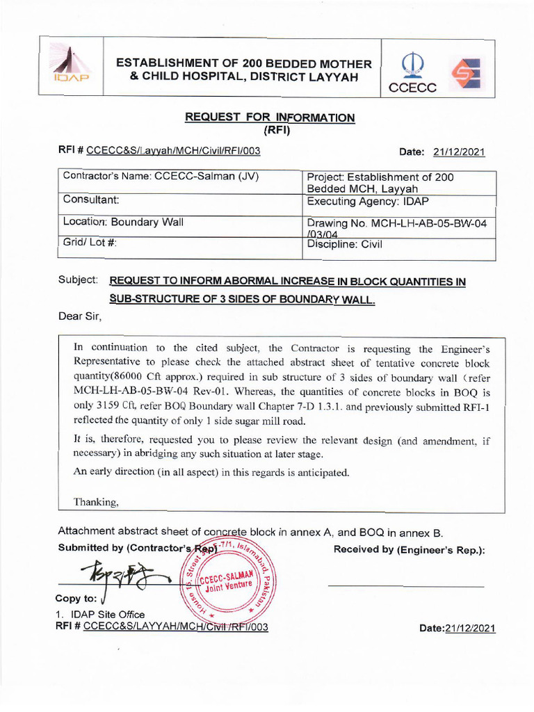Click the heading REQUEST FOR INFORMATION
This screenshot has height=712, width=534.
click(270, 118)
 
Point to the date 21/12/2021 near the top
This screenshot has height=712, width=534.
click(458, 152)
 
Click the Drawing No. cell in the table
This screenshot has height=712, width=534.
click(400, 226)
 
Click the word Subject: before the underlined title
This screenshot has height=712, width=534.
click(77, 280)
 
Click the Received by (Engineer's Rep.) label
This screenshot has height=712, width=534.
click(409, 550)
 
